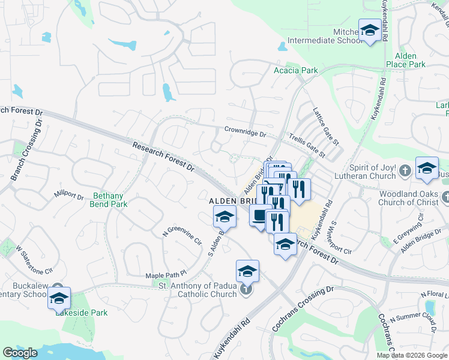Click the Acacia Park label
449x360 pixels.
tap(295, 70)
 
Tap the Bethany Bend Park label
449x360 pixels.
tap(110, 200)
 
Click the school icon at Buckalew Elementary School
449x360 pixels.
tap(59, 298)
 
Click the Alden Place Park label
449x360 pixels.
tap(406, 60)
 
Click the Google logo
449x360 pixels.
tap(20, 353)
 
